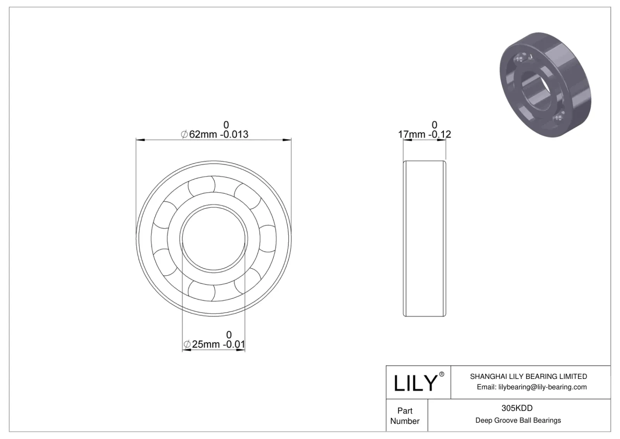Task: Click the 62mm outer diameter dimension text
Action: (x=215, y=134)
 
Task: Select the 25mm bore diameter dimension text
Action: (x=214, y=344)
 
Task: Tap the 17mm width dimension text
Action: (x=424, y=134)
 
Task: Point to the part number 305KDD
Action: (x=517, y=408)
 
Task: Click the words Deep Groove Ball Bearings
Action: (x=518, y=420)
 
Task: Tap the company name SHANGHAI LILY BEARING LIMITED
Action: (x=529, y=377)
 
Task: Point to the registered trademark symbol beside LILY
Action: (x=442, y=374)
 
